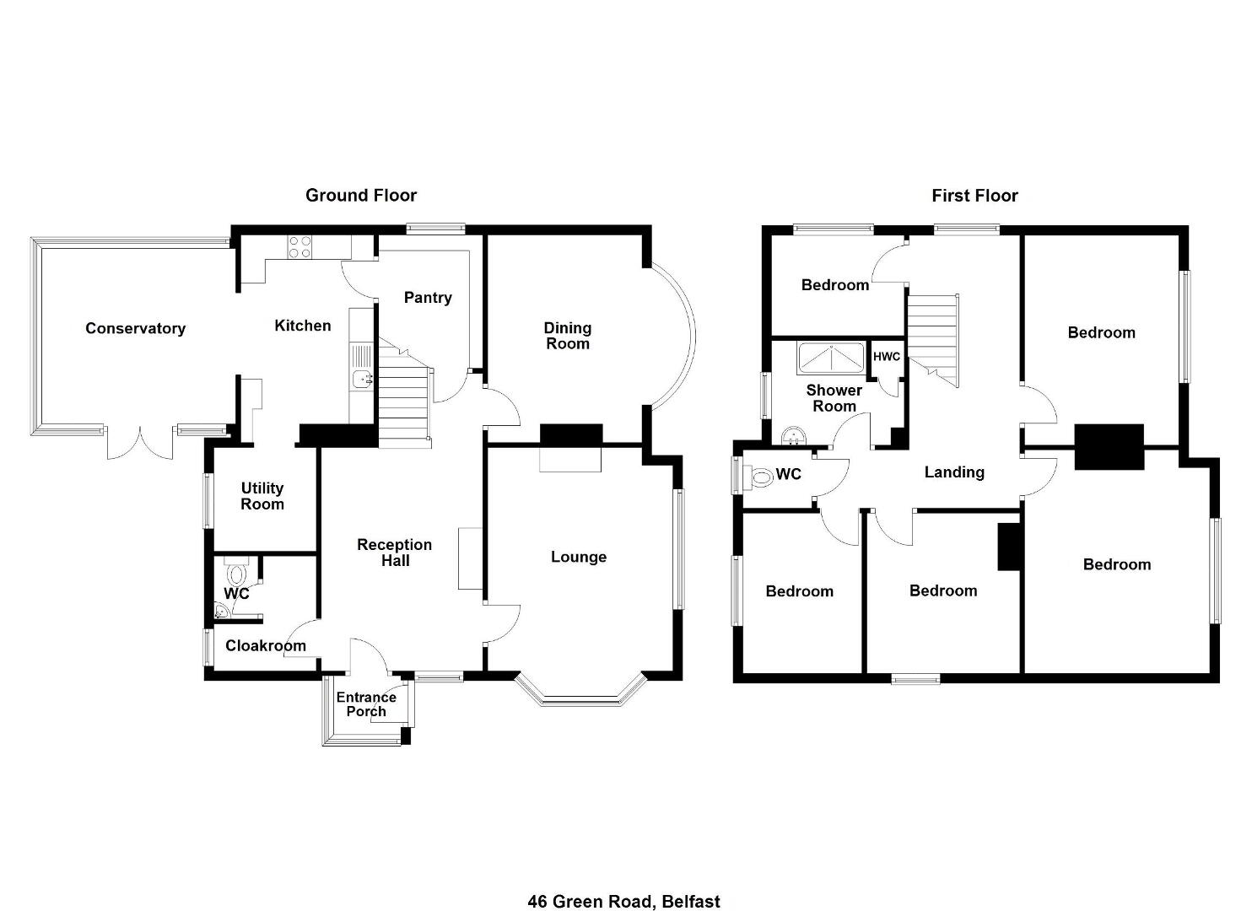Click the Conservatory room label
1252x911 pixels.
pyautogui.click(x=135, y=328)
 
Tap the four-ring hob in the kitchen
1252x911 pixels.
pyautogui.click(x=300, y=247)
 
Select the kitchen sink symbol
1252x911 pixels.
pyautogui.click(x=362, y=380)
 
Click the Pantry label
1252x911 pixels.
pyautogui.click(x=428, y=297)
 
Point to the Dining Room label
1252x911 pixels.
pyautogui.click(x=567, y=336)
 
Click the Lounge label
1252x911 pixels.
pyautogui.click(x=579, y=557)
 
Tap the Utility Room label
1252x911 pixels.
pyautogui.click(x=262, y=496)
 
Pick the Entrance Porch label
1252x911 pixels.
pyautogui.click(x=366, y=704)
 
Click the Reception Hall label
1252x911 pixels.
pyautogui.click(x=395, y=553)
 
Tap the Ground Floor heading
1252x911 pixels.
pyautogui.click(x=361, y=195)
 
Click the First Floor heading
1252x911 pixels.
pyautogui.click(x=974, y=196)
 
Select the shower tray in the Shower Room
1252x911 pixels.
pyautogui.click(x=833, y=357)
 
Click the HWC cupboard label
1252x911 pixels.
pyautogui.click(x=887, y=357)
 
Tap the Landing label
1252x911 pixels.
pyautogui.click(x=954, y=472)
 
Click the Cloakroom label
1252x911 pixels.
pyautogui.click(x=266, y=645)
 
